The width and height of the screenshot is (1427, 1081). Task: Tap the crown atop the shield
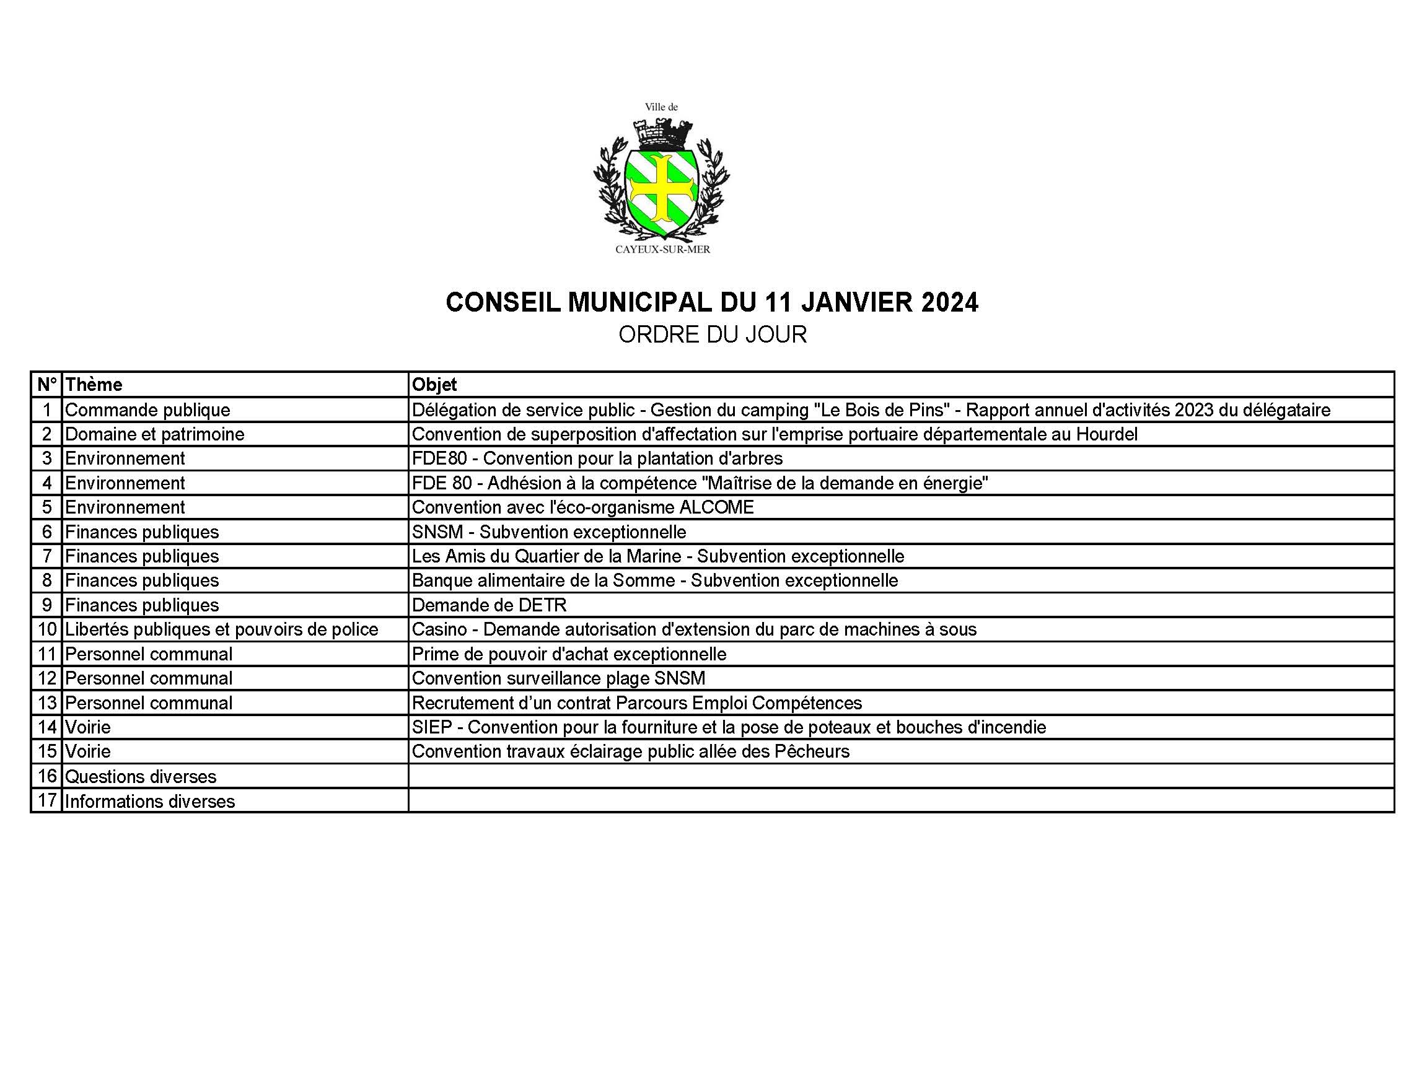[661, 134]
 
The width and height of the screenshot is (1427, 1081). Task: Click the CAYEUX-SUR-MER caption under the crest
[662, 250]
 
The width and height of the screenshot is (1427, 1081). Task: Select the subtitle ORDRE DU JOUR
[712, 335]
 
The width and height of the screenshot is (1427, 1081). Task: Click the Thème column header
[94, 385]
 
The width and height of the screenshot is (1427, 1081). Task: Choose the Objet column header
[434, 385]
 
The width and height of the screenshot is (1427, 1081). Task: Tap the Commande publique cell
[147, 410]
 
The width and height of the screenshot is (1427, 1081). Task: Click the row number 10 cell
[47, 629]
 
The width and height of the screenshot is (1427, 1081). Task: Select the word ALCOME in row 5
[716, 507]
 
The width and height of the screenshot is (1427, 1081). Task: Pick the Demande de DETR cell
[489, 605]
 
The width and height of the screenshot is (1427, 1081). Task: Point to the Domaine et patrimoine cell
[155, 435]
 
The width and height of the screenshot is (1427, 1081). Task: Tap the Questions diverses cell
[141, 777]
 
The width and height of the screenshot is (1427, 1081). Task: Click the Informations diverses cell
[150, 801]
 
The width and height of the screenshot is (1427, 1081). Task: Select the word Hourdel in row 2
[1107, 435]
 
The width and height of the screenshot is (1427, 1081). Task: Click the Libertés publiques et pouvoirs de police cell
[221, 629]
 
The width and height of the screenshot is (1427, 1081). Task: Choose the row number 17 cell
[47, 801]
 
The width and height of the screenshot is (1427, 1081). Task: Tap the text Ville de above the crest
[661, 107]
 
